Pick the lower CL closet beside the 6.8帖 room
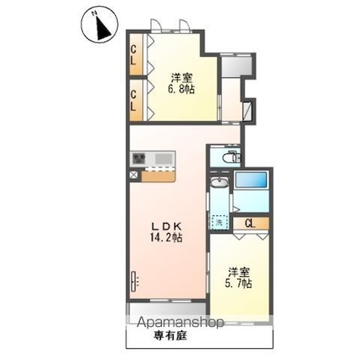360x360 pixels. coord(135,101)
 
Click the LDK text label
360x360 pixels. coord(166,226)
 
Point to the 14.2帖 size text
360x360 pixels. coord(167,239)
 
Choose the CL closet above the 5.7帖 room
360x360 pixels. coord(251,223)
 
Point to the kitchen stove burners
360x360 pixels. coord(139,159)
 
